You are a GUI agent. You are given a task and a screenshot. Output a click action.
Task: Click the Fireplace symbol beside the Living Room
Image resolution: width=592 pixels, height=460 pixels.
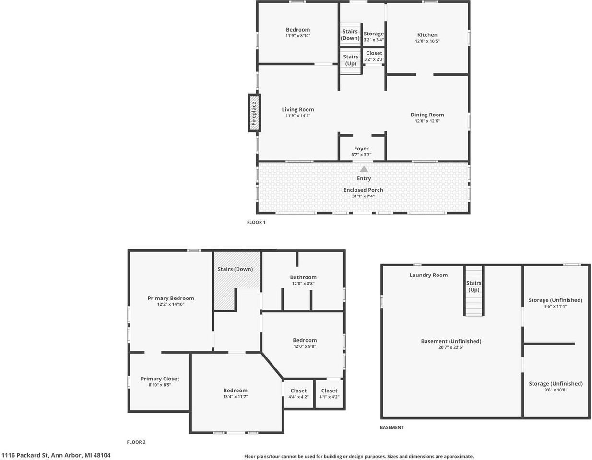[x=254, y=113]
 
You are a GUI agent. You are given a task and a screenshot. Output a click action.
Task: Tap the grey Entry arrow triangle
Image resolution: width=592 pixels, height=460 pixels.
[x=364, y=169]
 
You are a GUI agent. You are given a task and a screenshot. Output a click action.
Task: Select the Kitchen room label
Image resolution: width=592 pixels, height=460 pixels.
[x=427, y=35]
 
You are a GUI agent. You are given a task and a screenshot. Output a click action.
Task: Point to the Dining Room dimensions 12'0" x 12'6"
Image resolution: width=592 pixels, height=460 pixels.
[x=427, y=121]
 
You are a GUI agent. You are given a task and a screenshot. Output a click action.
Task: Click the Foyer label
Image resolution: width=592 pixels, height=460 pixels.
[x=361, y=149]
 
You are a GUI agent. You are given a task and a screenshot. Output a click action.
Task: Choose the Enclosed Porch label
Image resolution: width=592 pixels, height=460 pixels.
[x=363, y=190]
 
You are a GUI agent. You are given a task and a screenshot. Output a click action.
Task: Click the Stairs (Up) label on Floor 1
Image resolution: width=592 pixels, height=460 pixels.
[x=351, y=60]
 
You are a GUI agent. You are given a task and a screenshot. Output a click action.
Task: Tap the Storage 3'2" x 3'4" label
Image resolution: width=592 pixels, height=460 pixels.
[x=374, y=36]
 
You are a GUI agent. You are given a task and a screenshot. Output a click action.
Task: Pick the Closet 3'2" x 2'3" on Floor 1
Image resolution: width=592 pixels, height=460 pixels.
[x=374, y=56]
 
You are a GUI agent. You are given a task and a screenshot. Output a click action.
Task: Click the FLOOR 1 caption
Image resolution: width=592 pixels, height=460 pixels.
[x=256, y=222]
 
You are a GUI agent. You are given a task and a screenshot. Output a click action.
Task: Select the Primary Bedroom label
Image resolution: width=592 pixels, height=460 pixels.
[x=171, y=298]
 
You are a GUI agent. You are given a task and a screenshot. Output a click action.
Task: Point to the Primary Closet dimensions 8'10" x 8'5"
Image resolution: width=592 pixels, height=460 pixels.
[x=160, y=385]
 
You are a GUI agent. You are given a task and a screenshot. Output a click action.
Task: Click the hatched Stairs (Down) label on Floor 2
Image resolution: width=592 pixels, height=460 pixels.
[x=236, y=269]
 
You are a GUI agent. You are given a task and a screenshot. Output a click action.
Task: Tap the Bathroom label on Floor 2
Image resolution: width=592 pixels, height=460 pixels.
[x=303, y=277]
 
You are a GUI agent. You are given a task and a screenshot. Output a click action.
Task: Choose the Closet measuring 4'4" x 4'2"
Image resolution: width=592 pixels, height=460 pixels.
[x=298, y=393]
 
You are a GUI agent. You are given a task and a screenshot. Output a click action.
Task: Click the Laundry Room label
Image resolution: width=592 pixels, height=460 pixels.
[x=428, y=275]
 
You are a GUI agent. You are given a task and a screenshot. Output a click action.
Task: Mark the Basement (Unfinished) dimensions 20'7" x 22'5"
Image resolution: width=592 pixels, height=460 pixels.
[x=451, y=347]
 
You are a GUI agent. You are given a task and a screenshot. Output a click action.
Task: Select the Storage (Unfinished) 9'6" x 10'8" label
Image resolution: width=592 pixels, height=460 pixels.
[x=556, y=386]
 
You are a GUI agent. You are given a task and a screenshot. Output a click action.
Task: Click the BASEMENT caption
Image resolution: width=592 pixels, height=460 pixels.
[x=392, y=427]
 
